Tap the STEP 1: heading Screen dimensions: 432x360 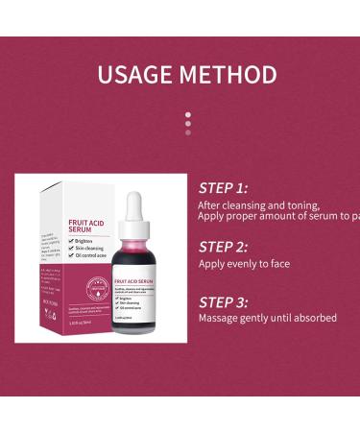223,188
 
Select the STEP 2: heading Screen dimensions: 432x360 223,247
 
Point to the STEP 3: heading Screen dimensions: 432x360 223,302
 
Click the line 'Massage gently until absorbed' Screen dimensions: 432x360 267,318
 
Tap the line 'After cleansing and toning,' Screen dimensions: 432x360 259,204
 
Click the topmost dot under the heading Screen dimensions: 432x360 188,115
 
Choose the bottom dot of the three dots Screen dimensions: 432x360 188,132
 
